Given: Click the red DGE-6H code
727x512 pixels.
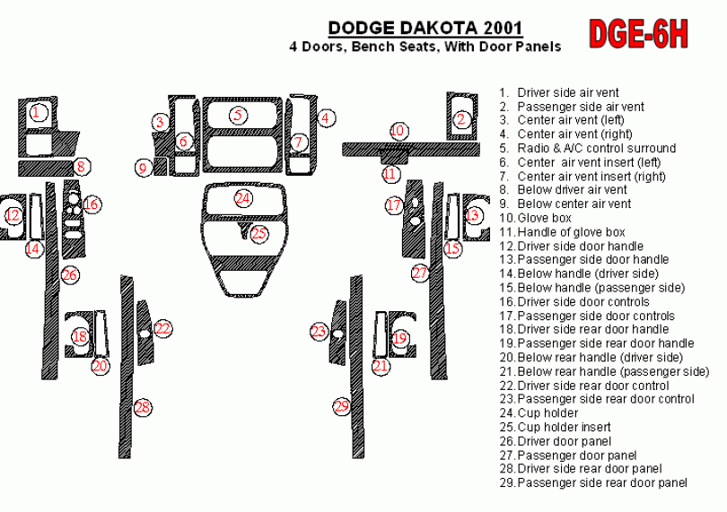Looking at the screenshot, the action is click(638, 34).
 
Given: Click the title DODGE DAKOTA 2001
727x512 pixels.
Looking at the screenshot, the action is click(425, 29).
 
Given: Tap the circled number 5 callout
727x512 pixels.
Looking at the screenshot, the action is click(238, 115).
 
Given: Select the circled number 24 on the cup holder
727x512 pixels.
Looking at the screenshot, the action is click(242, 198).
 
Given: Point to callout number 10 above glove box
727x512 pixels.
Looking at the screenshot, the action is click(398, 131).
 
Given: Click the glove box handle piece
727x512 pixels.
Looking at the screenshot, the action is click(395, 156).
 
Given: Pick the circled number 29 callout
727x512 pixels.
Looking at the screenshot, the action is click(341, 406).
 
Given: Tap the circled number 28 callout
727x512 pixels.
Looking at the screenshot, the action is click(143, 407).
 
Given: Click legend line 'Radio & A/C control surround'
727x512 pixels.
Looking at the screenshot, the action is click(588, 148).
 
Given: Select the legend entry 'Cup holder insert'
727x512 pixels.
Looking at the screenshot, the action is click(555, 427).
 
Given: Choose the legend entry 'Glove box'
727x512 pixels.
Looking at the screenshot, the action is click(536, 218).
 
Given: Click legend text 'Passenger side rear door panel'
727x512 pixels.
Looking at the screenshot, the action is click(593, 482).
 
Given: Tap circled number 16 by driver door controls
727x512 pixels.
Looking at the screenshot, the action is click(92, 204).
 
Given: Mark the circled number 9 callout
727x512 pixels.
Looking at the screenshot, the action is click(143, 168).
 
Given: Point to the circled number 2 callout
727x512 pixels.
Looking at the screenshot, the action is click(460, 119).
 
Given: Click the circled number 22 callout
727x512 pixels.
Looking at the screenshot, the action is click(162, 328).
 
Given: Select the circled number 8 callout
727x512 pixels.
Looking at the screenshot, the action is click(81, 166).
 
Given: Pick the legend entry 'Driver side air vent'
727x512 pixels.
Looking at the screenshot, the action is click(559, 92).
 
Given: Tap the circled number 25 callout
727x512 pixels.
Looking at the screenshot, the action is click(258, 232).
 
